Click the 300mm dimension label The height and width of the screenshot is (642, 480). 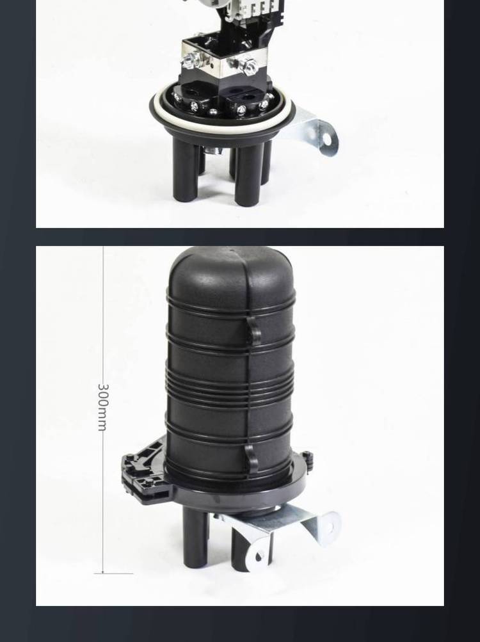coord(103,407)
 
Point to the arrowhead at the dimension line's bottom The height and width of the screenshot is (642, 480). coord(103,571)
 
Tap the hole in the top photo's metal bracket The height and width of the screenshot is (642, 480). coord(326,140)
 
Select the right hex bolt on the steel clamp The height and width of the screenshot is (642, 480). coord(248,65)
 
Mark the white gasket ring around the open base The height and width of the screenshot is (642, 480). coord(223,109)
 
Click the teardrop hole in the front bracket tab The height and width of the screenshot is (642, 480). coord(259,557)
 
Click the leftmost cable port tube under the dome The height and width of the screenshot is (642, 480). coord(196,537)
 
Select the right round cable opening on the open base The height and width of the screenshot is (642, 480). coord(247,97)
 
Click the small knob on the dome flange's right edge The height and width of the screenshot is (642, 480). coord(308,456)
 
